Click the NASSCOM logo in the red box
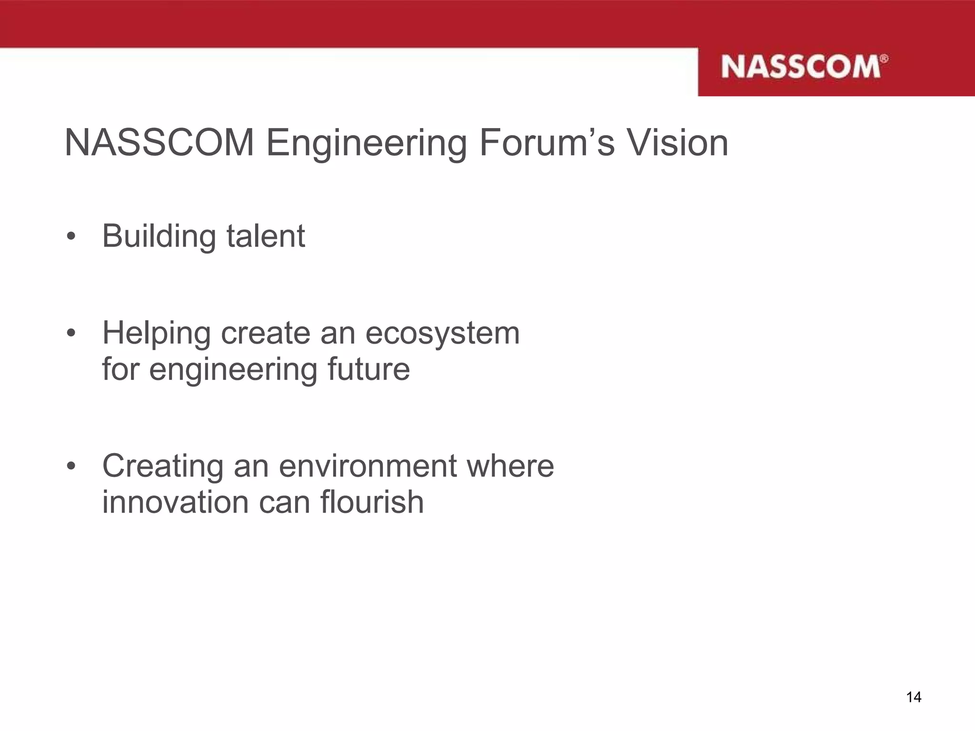[801, 67]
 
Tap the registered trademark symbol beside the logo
[884, 59]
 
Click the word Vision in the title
[677, 142]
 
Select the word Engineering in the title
[366, 143]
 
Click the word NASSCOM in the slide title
[159, 142]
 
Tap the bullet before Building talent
[71, 237]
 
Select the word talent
[265, 236]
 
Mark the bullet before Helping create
[71, 334]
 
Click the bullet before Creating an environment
[71, 466]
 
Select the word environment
[368, 466]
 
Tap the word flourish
[372, 502]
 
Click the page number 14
[914, 697]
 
